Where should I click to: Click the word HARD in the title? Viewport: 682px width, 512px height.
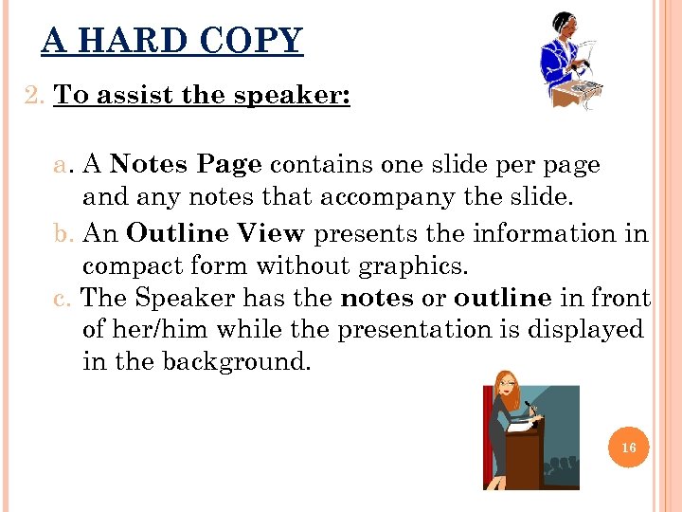(x=146, y=41)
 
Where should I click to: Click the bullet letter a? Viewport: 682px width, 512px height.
(x=64, y=165)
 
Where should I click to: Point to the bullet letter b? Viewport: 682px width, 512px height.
(x=64, y=233)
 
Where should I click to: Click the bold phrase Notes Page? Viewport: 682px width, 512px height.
(x=186, y=164)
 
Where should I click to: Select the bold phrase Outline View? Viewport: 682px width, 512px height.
(x=215, y=232)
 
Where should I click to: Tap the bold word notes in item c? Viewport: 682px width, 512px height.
(x=377, y=298)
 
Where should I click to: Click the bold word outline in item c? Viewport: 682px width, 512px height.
(x=502, y=298)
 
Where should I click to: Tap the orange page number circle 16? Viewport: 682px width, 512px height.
(x=628, y=447)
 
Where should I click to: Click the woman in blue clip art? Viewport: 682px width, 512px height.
(x=569, y=62)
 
